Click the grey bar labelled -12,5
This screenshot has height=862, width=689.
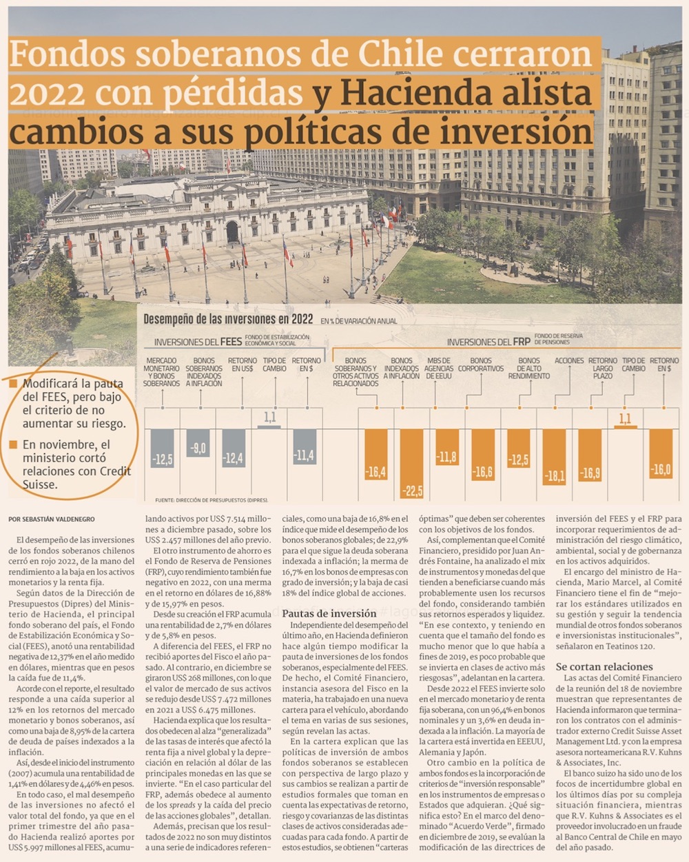point(163,449)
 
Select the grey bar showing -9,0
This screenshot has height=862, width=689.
point(198,443)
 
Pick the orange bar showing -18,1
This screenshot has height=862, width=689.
point(554,456)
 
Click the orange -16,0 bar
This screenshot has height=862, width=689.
point(661,453)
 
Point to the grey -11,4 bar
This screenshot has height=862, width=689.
point(304,446)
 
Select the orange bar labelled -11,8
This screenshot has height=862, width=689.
point(447,447)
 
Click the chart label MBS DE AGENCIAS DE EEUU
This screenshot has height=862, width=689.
point(439,368)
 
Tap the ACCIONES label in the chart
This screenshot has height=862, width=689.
point(569,360)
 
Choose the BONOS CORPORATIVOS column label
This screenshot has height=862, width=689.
point(481,365)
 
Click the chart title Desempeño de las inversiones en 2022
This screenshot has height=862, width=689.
point(228,319)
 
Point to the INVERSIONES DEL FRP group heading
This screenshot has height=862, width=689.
point(489,342)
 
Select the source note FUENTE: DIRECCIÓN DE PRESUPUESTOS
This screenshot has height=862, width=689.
point(212,500)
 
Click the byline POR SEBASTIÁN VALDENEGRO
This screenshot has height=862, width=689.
point(52,519)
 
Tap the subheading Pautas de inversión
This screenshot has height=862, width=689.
point(329,613)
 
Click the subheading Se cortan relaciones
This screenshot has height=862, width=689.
point(604,666)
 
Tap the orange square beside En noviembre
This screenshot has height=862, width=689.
point(13,444)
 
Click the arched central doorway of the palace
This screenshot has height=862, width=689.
point(232,232)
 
